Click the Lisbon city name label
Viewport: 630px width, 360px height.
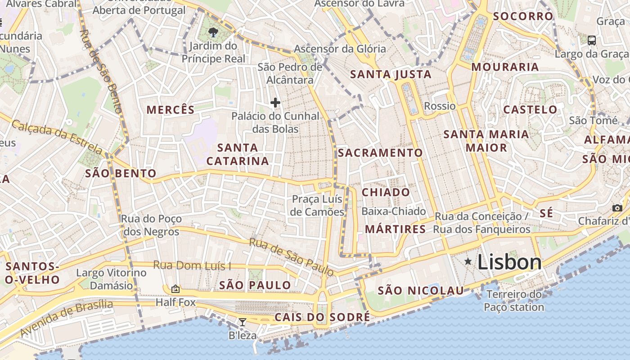tap(509, 262)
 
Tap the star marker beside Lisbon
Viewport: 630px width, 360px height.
tap(468, 261)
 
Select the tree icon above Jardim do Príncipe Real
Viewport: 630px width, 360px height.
tap(213, 32)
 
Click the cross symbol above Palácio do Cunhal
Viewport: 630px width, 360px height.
tap(275, 103)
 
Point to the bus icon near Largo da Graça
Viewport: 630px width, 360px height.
tap(592, 40)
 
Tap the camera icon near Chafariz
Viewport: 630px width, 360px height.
tap(617, 208)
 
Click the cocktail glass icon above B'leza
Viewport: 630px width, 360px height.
tap(243, 322)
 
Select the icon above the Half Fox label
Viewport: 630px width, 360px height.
tap(175, 289)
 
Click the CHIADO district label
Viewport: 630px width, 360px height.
tap(386, 193)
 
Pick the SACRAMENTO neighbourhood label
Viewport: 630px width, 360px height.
tap(380, 153)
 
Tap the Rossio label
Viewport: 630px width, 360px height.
tap(440, 106)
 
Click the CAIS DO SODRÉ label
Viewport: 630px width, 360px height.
tap(322, 317)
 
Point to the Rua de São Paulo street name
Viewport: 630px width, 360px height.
tap(292, 257)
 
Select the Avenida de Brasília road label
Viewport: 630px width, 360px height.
tap(67, 318)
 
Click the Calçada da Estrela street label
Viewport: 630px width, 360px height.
tap(57, 137)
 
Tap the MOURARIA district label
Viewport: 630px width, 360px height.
tap(505, 67)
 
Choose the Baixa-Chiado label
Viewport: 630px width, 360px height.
tap(394, 211)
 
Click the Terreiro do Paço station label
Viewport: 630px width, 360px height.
tap(514, 301)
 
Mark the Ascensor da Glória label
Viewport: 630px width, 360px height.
tap(340, 49)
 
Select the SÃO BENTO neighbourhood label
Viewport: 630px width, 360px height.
tap(121, 174)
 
